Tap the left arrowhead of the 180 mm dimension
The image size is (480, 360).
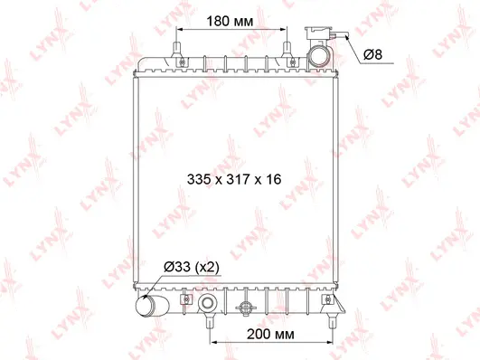181,30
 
